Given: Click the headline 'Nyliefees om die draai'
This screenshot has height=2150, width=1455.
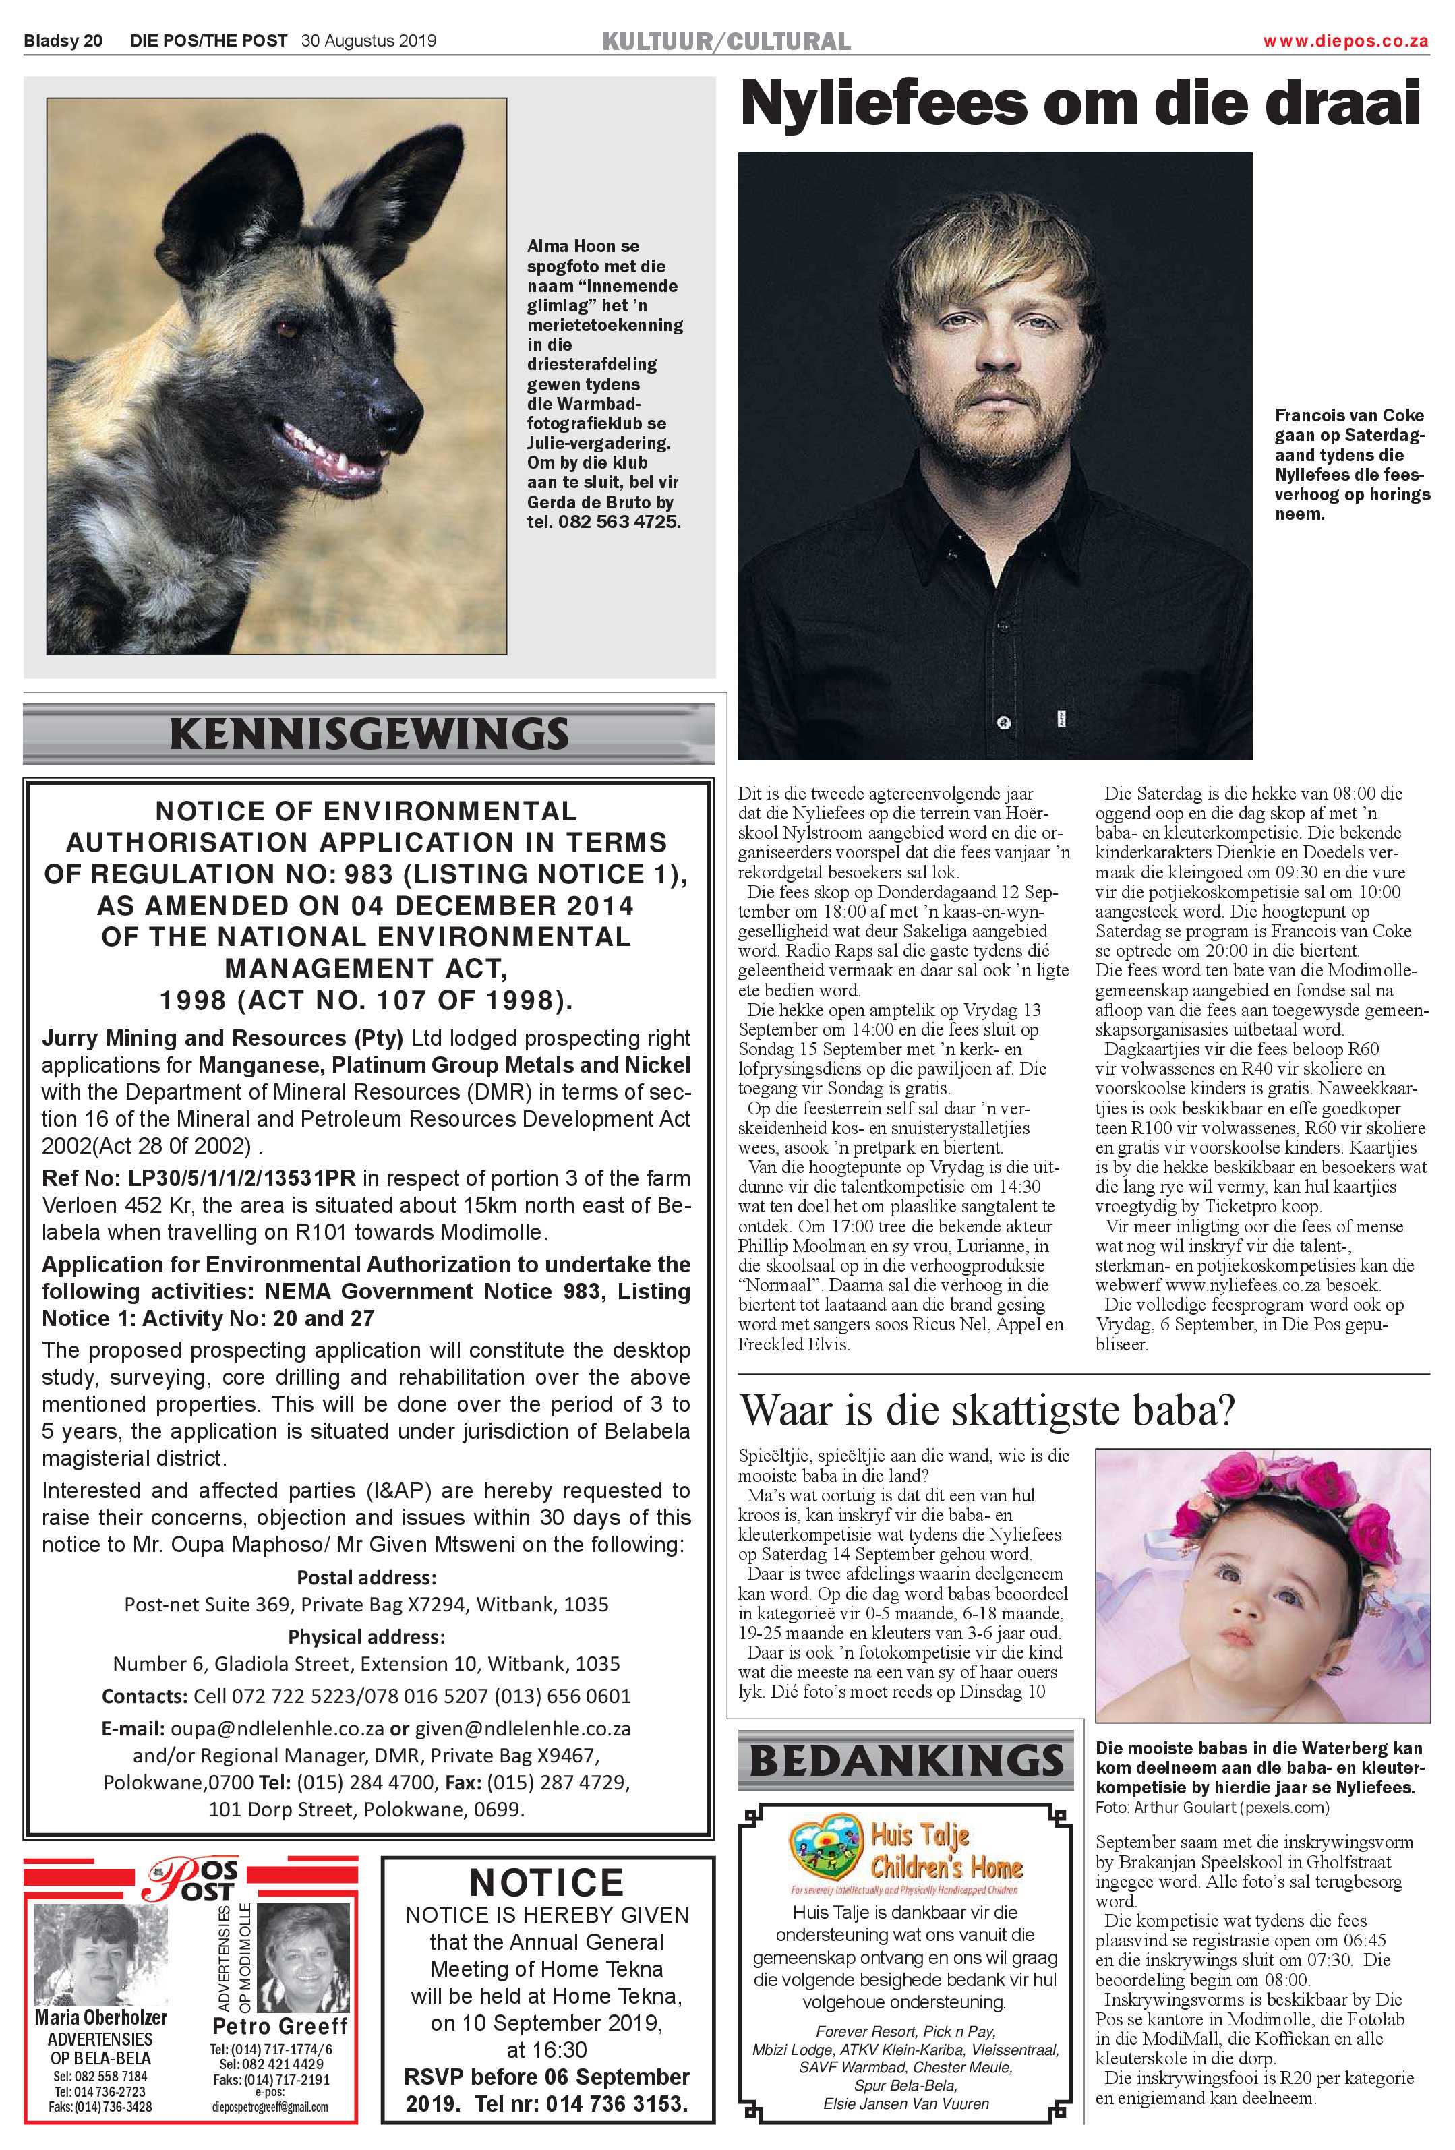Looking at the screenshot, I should pos(1080,104).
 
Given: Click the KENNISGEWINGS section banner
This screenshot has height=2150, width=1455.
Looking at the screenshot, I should pos(368,734).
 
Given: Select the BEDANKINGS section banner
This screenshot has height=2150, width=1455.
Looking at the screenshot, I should pos(906,1760).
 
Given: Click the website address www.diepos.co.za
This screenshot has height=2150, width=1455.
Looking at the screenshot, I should pos(1346,42).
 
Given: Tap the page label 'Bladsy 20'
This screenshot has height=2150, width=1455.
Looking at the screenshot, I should pos(62,42).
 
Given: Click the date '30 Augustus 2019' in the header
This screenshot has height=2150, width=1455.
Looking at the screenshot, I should pos(368,42).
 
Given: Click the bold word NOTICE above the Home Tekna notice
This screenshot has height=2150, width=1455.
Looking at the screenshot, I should pos(547,1882).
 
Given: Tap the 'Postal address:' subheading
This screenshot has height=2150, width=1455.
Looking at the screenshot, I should pos(366,1578).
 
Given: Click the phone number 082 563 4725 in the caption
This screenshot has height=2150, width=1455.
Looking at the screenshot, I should pos(619,522).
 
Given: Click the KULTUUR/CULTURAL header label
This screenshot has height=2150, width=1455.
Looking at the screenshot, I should pos(726,42).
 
